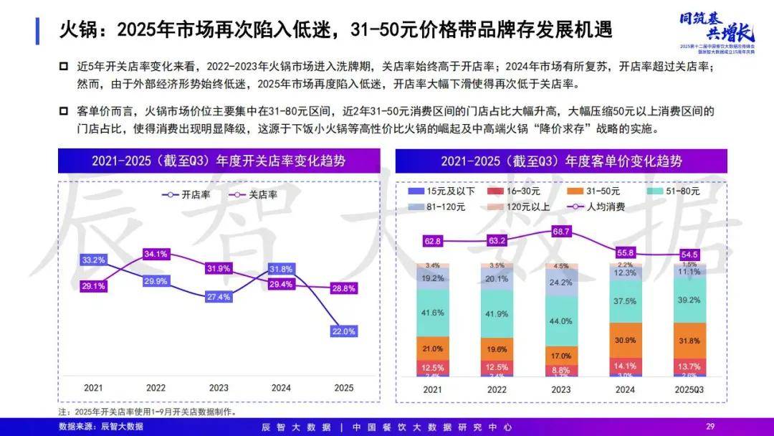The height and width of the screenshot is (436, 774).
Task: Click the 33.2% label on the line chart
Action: click(94, 260)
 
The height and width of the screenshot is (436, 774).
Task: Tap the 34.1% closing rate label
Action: click(156, 254)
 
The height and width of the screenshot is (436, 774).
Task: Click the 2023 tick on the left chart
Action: click(218, 388)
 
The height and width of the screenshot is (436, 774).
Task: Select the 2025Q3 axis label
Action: click(689, 389)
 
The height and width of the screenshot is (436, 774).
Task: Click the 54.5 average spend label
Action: click(689, 255)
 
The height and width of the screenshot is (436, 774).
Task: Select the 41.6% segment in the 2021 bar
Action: click(433, 313)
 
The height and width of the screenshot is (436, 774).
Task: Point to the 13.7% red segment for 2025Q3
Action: click(689, 365)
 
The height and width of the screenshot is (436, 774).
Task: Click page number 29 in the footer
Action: click(711, 427)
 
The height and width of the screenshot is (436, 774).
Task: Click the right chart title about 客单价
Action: click(562, 161)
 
